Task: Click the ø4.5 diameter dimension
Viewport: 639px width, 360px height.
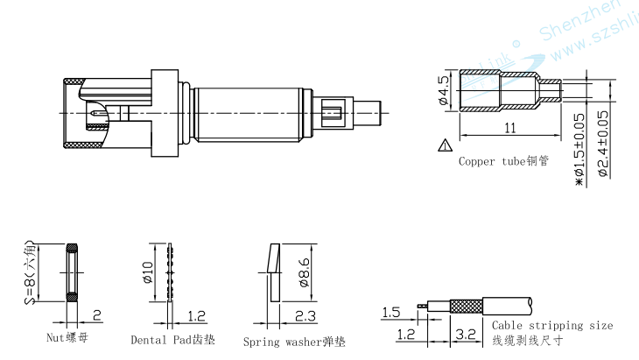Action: click(x=444, y=90)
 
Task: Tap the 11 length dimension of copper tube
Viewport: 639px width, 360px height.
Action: click(x=510, y=128)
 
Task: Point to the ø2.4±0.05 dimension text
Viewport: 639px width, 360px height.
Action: click(x=602, y=142)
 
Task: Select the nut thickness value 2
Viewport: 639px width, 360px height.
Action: click(x=96, y=315)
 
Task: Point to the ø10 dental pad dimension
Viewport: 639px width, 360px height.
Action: click(x=147, y=273)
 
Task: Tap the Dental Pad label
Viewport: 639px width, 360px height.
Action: click(x=172, y=339)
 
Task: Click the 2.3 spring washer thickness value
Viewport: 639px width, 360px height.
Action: click(x=305, y=316)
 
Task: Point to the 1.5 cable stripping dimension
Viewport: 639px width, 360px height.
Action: click(x=391, y=312)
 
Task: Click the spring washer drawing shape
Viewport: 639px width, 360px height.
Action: click(x=272, y=271)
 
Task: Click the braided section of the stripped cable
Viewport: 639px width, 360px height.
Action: click(x=463, y=307)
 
